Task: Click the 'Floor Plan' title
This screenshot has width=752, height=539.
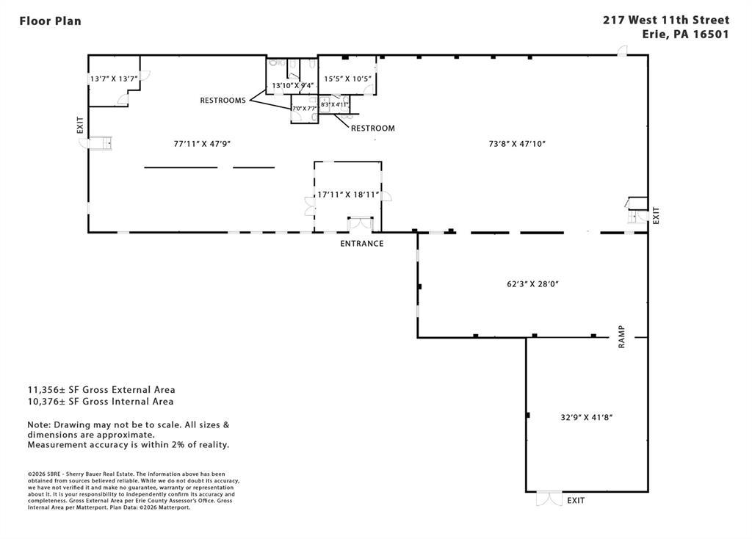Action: click(x=50, y=21)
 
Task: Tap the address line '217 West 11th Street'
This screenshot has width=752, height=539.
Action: click(x=666, y=21)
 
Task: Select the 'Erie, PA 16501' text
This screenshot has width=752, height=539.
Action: click(x=686, y=35)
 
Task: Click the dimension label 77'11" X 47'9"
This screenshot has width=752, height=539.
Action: click(x=202, y=144)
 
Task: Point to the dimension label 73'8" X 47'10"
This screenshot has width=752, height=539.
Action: click(x=517, y=144)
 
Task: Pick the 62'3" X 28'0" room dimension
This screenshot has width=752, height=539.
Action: click(x=527, y=283)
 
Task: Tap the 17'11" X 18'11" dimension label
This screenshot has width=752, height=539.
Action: click(x=347, y=195)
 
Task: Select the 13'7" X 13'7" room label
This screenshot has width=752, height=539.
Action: click(x=114, y=79)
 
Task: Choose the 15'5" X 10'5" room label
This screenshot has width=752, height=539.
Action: click(x=348, y=79)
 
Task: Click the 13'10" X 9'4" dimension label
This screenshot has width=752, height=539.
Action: click(x=293, y=86)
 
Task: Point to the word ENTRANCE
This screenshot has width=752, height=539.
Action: click(x=361, y=244)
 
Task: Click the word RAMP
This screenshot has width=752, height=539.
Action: click(x=621, y=336)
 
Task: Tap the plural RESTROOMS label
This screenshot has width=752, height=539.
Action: click(x=223, y=101)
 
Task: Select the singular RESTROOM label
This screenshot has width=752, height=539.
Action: click(x=372, y=129)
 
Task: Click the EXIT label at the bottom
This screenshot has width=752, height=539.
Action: click(x=576, y=501)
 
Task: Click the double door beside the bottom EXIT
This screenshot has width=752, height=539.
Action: click(x=549, y=499)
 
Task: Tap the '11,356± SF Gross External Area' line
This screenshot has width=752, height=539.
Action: click(x=101, y=390)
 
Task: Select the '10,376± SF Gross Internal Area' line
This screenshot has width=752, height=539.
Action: click(x=101, y=402)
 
